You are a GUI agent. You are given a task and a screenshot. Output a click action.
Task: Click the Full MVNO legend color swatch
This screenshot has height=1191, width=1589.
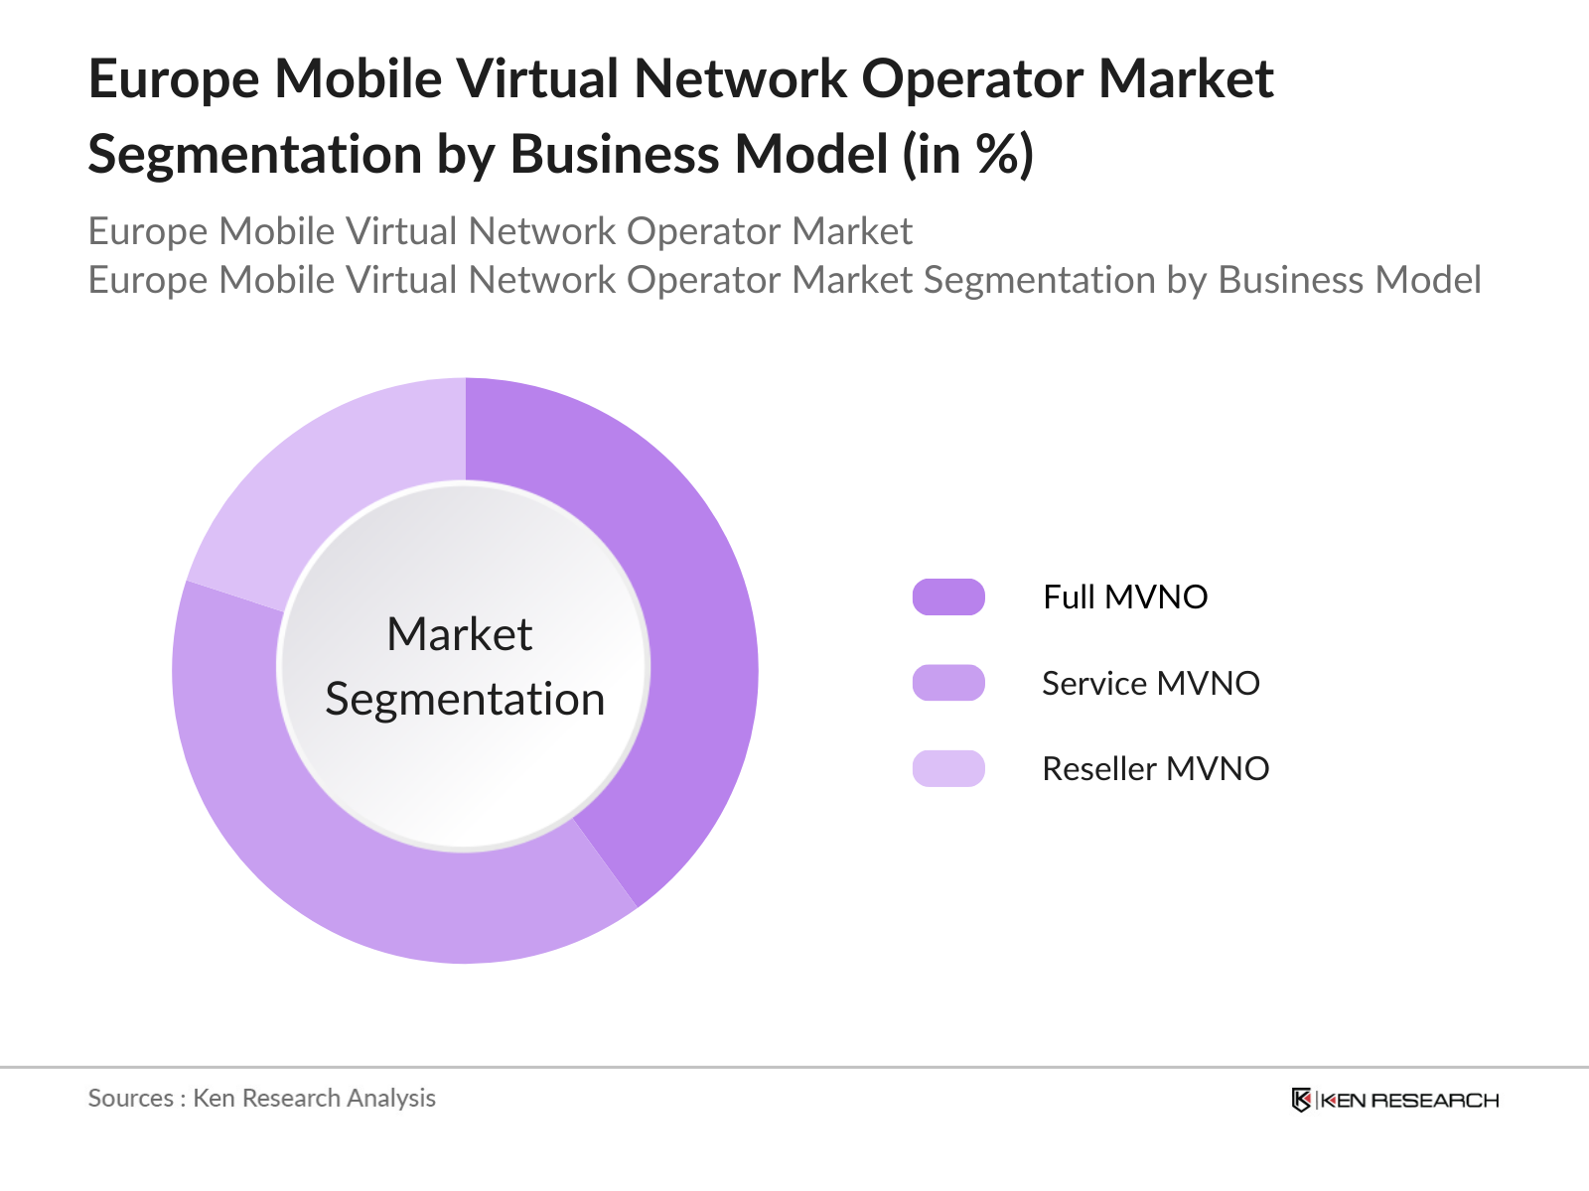click(948, 597)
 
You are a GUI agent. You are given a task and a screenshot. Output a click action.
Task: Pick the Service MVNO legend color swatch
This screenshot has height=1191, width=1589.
click(948, 683)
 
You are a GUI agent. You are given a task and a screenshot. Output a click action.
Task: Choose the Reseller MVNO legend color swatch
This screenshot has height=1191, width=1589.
click(948, 769)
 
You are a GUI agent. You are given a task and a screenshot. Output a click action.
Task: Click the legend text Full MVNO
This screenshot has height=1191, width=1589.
click(1125, 597)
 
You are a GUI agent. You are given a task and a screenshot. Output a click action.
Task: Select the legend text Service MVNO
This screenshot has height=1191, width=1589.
click(1150, 683)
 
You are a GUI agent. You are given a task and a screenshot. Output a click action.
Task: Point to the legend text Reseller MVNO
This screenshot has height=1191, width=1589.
click(1155, 769)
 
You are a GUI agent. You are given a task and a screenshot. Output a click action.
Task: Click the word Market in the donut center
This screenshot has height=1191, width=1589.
click(460, 634)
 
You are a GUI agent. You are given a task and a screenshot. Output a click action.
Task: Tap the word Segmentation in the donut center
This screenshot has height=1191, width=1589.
click(465, 700)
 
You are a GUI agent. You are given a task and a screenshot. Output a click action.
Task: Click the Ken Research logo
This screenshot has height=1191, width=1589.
click(1395, 1100)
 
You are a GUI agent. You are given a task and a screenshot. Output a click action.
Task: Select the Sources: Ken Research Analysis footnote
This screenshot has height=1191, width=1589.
click(262, 1098)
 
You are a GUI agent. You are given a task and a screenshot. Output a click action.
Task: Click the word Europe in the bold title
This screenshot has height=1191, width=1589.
click(174, 79)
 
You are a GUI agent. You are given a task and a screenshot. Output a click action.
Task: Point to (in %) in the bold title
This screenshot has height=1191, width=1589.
click(968, 155)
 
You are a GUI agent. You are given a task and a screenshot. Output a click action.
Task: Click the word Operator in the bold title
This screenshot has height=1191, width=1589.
click(970, 79)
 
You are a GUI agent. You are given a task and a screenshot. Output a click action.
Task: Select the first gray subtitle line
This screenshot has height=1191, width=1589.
click(500, 231)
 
